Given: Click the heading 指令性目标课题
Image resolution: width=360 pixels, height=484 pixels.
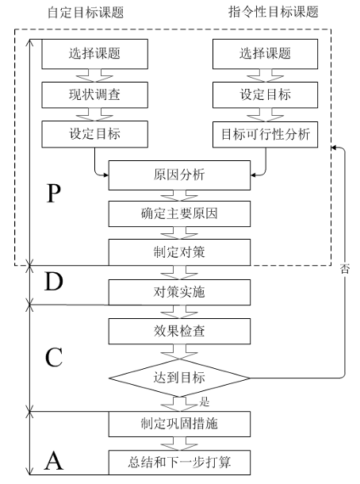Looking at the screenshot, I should pyautogui.click(x=265, y=13).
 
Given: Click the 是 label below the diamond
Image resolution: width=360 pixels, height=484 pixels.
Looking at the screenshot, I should pyautogui.click(x=204, y=401).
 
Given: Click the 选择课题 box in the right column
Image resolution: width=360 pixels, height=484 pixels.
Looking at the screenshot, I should pyautogui.click(x=265, y=55).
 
